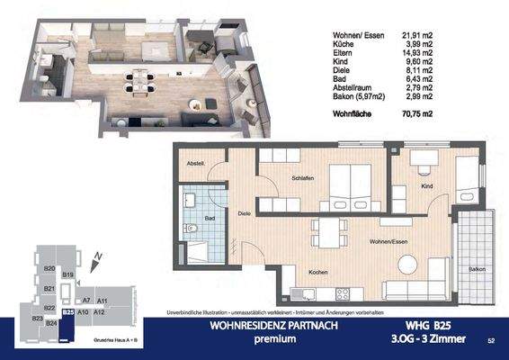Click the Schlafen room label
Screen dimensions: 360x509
(x=302, y=179)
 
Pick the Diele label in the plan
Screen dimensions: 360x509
(x=244, y=213)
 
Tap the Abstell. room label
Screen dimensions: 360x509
(x=196, y=163)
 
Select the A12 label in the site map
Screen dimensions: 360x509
(x=100, y=311)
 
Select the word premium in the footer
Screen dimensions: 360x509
(x=273, y=339)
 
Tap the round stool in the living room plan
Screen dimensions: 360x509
(x=406, y=263)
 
